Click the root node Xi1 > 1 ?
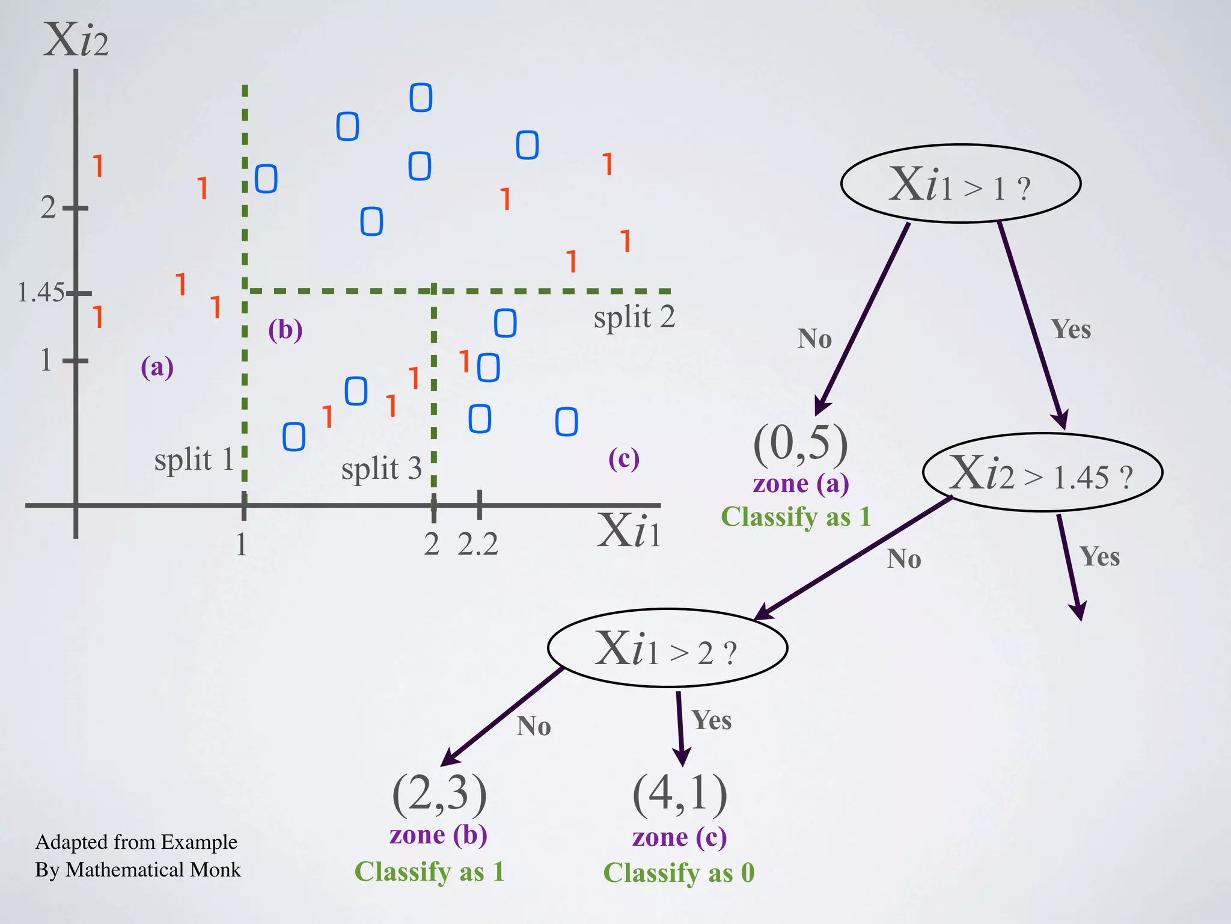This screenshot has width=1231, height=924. click(960, 184)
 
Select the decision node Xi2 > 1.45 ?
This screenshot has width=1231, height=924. click(1042, 473)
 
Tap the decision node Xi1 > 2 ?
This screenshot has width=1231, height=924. click(667, 648)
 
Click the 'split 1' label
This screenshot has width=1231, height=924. click(194, 461)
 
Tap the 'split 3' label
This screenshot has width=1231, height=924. click(381, 469)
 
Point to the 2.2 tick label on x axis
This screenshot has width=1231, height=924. click(478, 545)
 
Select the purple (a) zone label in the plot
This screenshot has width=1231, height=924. click(157, 367)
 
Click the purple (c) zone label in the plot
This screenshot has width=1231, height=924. click(623, 459)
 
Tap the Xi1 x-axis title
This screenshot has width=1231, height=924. click(629, 531)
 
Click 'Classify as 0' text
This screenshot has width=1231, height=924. click(679, 873)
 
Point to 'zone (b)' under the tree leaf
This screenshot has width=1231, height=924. click(438, 835)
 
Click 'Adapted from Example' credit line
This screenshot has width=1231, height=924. click(136, 842)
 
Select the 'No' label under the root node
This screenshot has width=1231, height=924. click(814, 339)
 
